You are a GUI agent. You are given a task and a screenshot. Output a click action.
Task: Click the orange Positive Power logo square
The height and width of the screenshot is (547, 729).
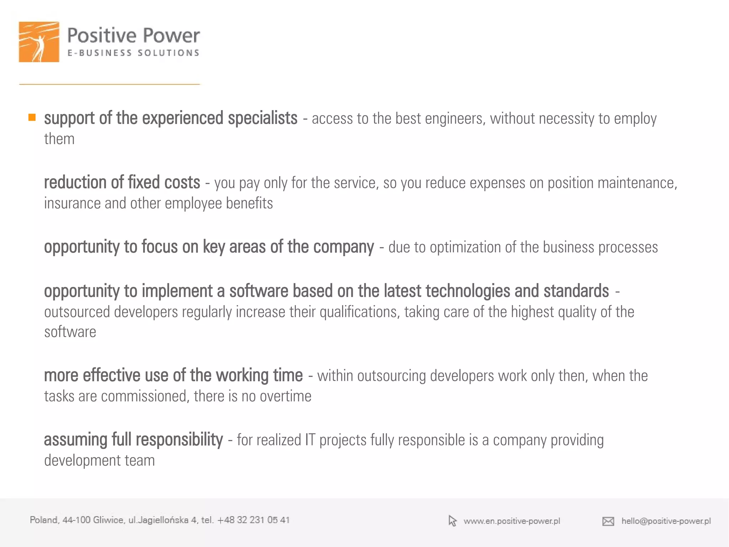39,42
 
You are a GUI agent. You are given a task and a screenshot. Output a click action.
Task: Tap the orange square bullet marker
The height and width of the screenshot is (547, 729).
32,117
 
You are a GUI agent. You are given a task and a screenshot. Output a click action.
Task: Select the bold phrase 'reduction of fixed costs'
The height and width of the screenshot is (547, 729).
122,182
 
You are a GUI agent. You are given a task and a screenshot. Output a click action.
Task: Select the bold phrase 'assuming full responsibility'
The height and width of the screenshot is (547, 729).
133,440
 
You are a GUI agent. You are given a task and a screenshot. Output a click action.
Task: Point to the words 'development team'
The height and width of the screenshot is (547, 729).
99,460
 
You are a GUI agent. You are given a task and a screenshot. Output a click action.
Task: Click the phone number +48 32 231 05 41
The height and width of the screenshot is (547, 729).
253,520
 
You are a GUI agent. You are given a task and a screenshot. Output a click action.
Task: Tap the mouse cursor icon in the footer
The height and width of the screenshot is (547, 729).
452,521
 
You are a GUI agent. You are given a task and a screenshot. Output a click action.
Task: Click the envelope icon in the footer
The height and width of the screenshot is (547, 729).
608,521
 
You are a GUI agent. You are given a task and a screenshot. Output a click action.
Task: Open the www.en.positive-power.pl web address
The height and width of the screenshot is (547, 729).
512,521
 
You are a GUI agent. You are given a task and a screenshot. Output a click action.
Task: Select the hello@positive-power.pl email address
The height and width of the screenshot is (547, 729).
666,521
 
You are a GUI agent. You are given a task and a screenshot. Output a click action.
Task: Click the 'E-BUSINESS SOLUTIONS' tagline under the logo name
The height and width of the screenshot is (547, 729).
133,53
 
